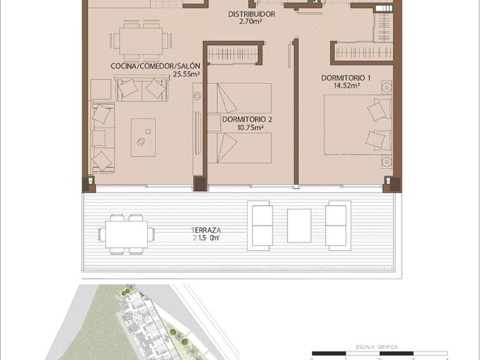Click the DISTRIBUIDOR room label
(x=252, y=14)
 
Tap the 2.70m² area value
(x=252, y=22)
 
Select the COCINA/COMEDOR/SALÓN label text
(x=155, y=66)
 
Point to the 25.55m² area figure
(x=186, y=74)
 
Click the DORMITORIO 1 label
(x=346, y=77)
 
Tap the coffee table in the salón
(x=143, y=137)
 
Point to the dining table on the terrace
(x=126, y=234)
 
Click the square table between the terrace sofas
(x=299, y=225)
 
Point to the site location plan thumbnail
(x=144, y=322)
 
